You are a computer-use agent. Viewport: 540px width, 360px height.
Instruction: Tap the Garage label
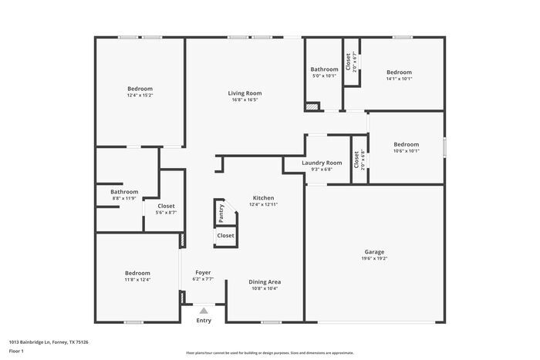click(x=374, y=252)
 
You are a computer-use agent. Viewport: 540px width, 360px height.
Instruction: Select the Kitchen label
click(x=264, y=198)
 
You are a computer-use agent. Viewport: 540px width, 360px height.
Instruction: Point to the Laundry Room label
click(x=322, y=163)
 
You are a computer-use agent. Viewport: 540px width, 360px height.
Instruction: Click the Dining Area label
click(x=265, y=282)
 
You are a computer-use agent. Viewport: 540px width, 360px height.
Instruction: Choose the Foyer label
click(x=203, y=273)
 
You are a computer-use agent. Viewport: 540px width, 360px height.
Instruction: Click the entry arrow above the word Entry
click(x=204, y=310)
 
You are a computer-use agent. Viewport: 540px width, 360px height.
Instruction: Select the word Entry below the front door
click(x=204, y=320)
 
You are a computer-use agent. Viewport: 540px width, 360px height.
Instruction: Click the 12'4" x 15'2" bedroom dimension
click(x=140, y=96)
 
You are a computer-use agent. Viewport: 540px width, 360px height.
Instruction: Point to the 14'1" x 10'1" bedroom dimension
click(x=399, y=79)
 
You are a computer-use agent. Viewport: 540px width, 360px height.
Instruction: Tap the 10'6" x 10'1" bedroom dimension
click(x=406, y=151)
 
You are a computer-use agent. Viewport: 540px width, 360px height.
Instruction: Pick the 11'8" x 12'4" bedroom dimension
click(x=137, y=280)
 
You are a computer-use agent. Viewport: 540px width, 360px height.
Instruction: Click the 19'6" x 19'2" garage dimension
click(x=374, y=259)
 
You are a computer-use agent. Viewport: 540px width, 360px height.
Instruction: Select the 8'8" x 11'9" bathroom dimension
click(x=124, y=199)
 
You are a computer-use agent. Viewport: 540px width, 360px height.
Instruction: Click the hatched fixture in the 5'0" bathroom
click(x=312, y=107)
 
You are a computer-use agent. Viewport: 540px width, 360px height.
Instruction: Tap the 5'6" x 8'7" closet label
click(x=166, y=212)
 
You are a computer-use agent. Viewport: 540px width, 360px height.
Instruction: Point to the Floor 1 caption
click(x=16, y=352)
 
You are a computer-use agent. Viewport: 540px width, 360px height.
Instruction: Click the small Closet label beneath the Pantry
click(x=225, y=236)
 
